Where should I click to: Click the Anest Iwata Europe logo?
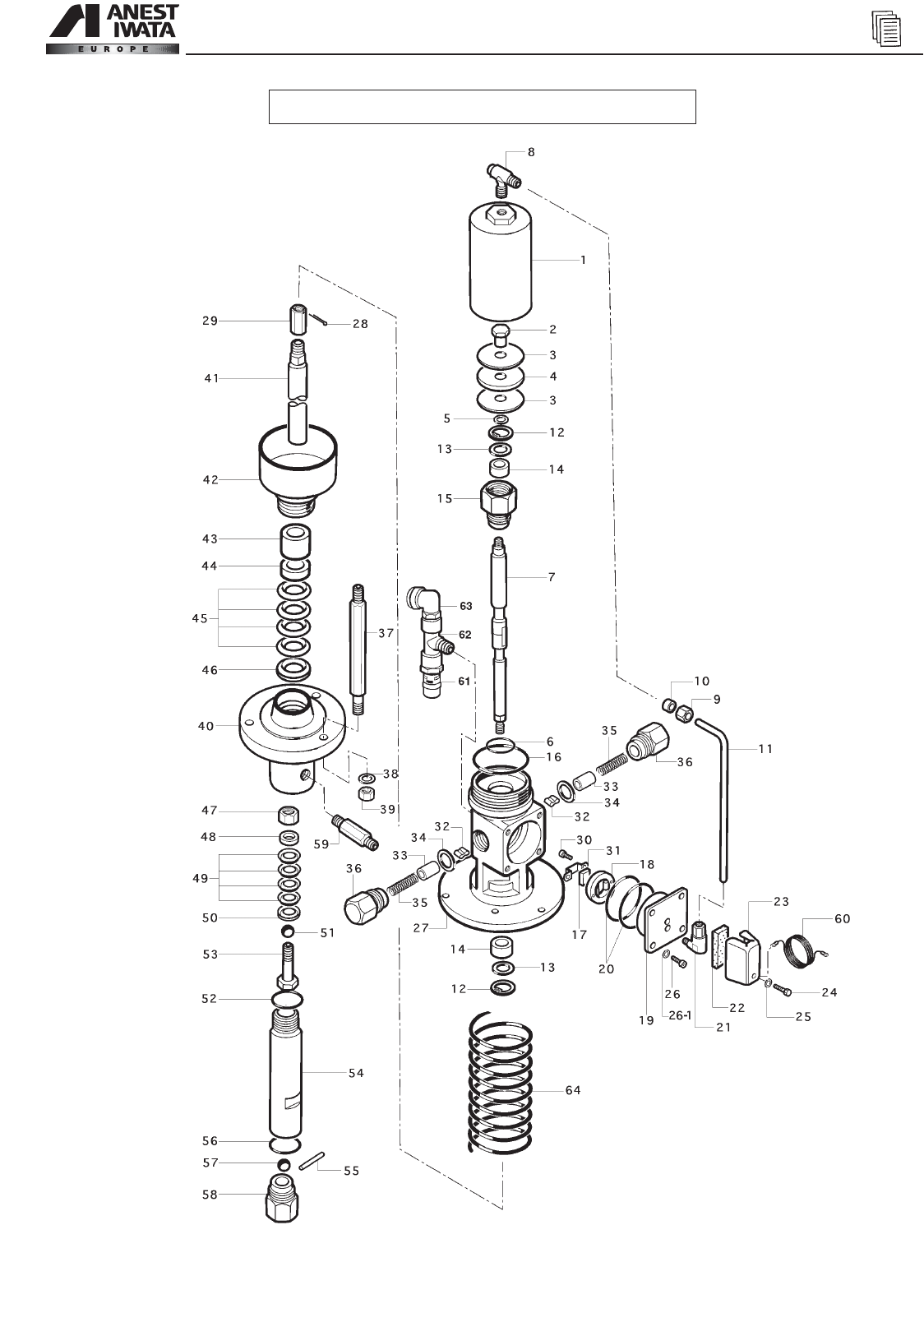[x=113, y=30]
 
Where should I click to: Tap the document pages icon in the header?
[x=886, y=30]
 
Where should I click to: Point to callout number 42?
[x=210, y=480]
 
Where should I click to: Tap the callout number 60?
[x=842, y=918]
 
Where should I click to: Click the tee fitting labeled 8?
[x=503, y=177]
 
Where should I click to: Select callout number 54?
[x=356, y=1073]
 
